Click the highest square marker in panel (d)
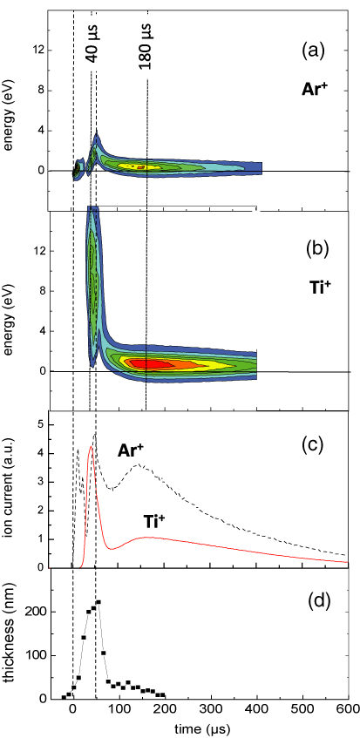click(98, 602)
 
